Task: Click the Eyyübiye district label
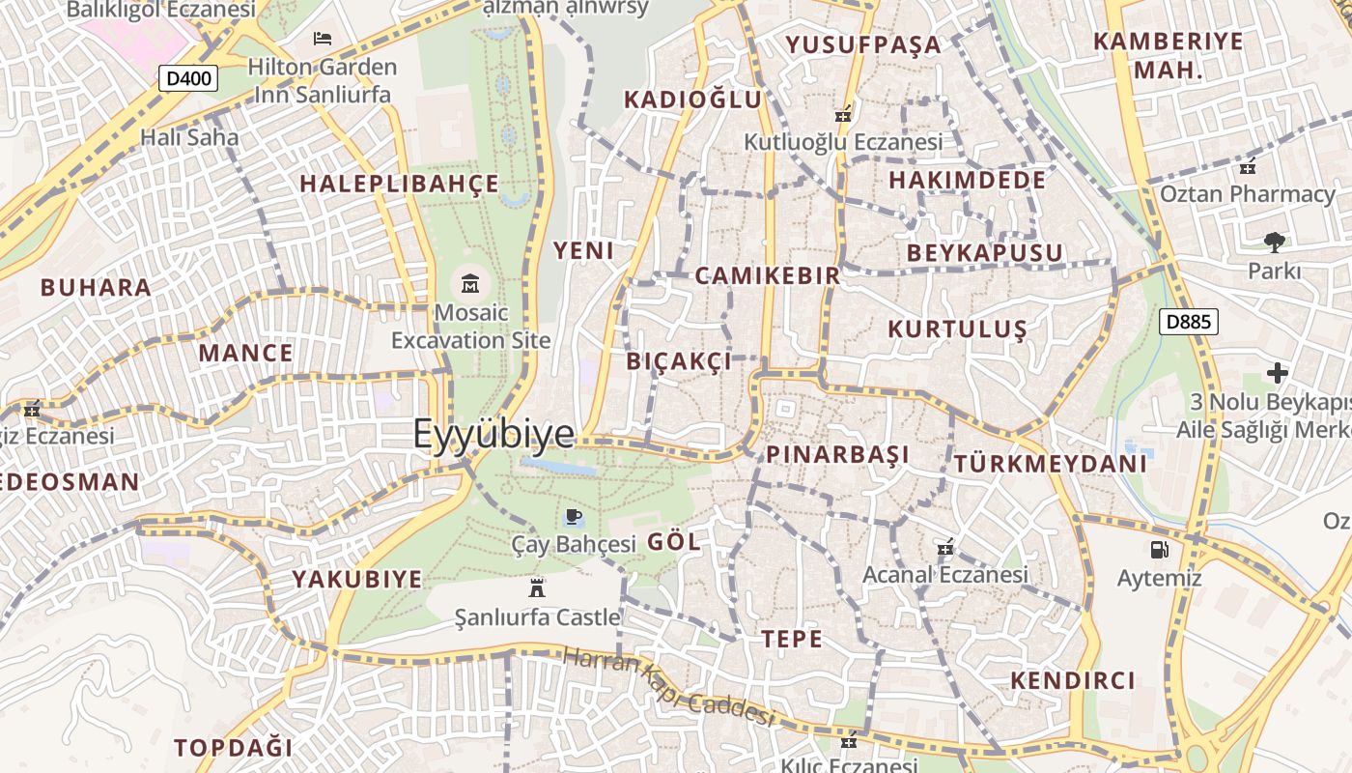(x=493, y=434)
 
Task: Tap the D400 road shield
(x=188, y=78)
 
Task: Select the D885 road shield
(x=1188, y=322)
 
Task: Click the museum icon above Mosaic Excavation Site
(x=470, y=283)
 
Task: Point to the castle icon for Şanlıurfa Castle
(x=537, y=587)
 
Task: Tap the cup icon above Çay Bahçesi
(x=573, y=516)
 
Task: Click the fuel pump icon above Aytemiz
(x=1158, y=550)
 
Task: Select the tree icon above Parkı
(x=1274, y=242)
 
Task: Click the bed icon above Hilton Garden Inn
(x=323, y=39)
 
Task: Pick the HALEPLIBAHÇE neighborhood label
(x=399, y=184)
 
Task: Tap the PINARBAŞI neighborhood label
(x=838, y=454)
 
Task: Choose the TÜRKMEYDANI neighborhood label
(x=1051, y=464)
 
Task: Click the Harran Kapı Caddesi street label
(x=668, y=686)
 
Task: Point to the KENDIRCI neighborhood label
(x=1073, y=680)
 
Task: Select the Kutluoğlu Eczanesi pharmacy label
(x=842, y=142)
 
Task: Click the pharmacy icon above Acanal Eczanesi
(x=945, y=548)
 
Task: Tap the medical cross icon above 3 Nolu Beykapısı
(x=1278, y=372)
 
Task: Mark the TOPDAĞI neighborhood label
(x=233, y=747)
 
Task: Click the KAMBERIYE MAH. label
(x=1169, y=55)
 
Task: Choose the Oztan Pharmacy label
(x=1248, y=193)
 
